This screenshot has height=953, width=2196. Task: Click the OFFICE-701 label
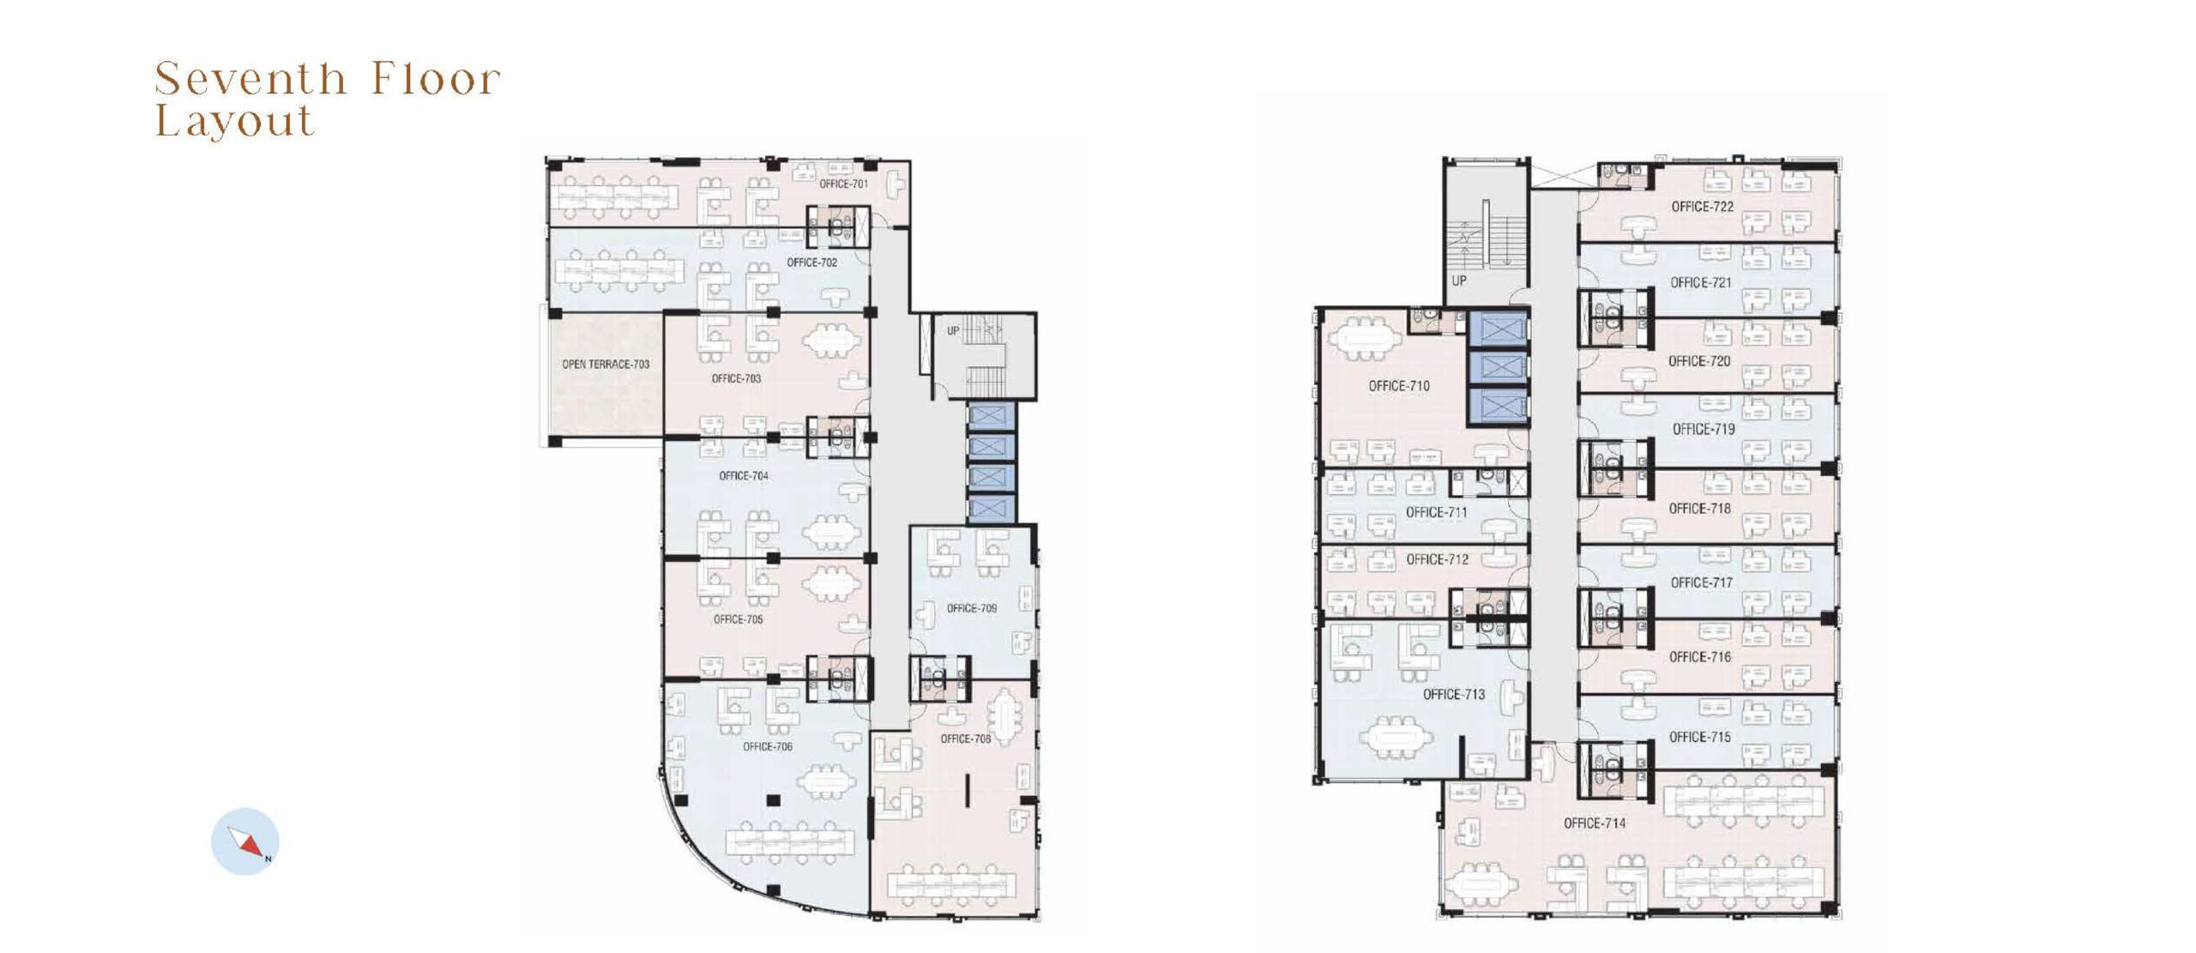coord(843,184)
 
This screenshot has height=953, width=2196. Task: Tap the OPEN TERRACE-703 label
coord(606,365)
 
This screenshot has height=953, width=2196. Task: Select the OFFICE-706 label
coord(768,747)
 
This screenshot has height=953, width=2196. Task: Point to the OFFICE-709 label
coord(972,609)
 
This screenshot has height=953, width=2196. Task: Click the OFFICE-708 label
coord(965,739)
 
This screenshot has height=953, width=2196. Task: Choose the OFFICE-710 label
coord(1399,386)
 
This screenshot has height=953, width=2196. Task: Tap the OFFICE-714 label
coord(1595,823)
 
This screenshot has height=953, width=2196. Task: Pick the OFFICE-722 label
coord(1703,207)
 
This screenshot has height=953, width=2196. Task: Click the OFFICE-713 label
coord(1454,695)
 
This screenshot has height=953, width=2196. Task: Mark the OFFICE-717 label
coord(1702,583)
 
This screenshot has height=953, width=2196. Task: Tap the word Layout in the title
coord(234,121)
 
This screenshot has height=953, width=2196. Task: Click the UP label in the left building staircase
coord(953,331)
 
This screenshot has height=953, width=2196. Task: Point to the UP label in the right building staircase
coord(1459,280)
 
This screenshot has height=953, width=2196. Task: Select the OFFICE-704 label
coord(744,476)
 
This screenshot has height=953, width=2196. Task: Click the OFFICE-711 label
coord(1437,513)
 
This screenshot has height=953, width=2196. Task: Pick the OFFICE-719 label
coord(1704,430)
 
